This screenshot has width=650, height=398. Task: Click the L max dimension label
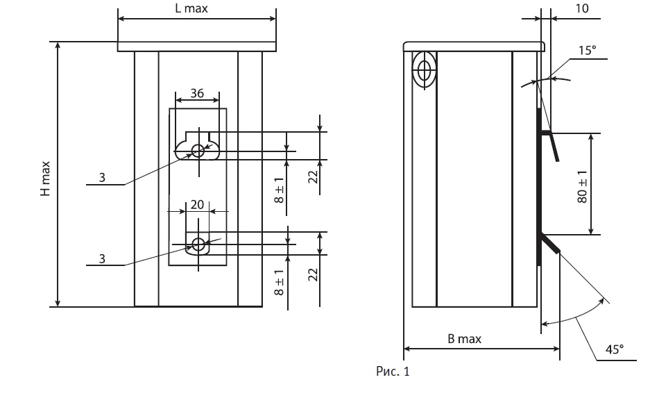click(x=191, y=8)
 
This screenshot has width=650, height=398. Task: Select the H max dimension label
click(x=45, y=179)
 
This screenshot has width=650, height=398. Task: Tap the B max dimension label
click(x=464, y=339)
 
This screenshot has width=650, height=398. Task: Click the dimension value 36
click(x=197, y=93)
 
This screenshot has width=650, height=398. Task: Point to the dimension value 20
click(x=197, y=205)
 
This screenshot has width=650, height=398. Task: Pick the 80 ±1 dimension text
click(x=582, y=187)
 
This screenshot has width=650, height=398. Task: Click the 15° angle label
click(x=588, y=50)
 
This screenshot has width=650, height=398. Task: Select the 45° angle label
click(x=615, y=349)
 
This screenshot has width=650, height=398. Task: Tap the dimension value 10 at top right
click(x=582, y=8)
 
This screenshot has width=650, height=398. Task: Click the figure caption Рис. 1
click(x=393, y=371)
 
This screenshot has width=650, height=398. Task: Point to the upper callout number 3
click(x=102, y=178)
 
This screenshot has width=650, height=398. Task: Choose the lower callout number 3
click(x=102, y=259)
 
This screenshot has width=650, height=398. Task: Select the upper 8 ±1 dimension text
click(x=280, y=190)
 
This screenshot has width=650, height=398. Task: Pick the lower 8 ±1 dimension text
click(x=280, y=282)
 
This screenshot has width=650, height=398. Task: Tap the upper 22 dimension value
click(x=313, y=177)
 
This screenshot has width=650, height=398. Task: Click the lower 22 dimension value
click(x=313, y=274)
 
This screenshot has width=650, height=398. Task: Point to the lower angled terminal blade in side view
click(x=549, y=243)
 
